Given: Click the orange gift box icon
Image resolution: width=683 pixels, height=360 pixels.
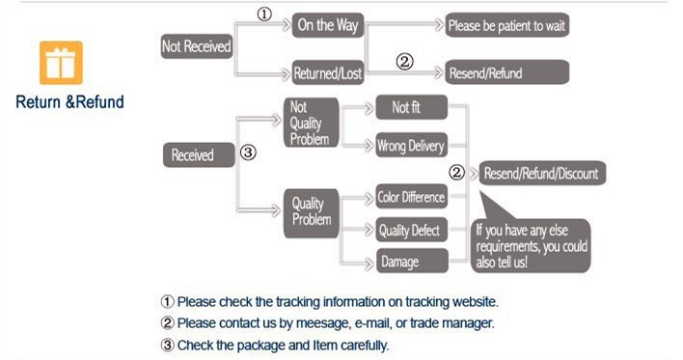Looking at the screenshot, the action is pyautogui.click(x=61, y=63).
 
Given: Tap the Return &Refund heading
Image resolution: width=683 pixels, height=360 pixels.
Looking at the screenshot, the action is pyautogui.click(x=69, y=102).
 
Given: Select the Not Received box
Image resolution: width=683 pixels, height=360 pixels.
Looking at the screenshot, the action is pyautogui.click(x=197, y=46).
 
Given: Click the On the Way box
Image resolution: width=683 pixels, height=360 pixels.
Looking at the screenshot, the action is pyautogui.click(x=328, y=25).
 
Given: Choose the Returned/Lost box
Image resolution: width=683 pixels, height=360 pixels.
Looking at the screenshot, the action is pyautogui.click(x=328, y=72).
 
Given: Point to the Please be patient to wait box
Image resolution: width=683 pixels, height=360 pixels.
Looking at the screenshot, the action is pyautogui.click(x=506, y=25).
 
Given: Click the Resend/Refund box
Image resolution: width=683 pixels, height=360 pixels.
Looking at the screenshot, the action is pyautogui.click(x=506, y=72).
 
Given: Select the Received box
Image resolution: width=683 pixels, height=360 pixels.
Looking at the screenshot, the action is pyautogui.click(x=199, y=154).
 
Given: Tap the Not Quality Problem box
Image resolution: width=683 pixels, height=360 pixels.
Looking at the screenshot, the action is pyautogui.click(x=311, y=123).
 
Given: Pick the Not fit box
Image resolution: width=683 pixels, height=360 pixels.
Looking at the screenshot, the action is pyautogui.click(x=412, y=107).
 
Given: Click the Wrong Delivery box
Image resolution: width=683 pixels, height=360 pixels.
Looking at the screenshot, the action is pyautogui.click(x=412, y=145).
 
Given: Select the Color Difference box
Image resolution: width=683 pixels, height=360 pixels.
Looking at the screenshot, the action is pyautogui.click(x=412, y=197).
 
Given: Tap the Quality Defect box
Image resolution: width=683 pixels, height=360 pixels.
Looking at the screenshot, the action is pyautogui.click(x=412, y=230).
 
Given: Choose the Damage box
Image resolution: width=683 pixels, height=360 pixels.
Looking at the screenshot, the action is pyautogui.click(x=412, y=261).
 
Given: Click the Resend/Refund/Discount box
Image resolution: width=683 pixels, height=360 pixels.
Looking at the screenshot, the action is pyautogui.click(x=542, y=173).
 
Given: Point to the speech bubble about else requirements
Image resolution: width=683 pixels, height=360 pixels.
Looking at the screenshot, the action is pyautogui.click(x=531, y=246).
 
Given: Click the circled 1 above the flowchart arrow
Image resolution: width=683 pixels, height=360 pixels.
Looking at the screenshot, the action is pyautogui.click(x=264, y=14).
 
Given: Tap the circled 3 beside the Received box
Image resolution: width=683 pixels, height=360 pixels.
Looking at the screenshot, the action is pyautogui.click(x=248, y=152).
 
